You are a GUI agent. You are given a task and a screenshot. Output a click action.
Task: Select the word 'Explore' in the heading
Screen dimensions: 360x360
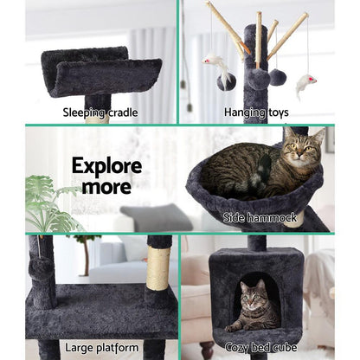point(106,165)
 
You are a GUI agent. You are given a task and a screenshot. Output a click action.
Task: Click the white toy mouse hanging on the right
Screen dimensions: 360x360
point(305,84)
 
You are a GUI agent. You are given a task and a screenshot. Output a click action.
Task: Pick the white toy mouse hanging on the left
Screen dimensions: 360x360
point(216,64)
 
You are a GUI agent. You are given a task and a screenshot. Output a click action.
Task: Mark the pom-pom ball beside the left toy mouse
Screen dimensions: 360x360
point(226,82)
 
